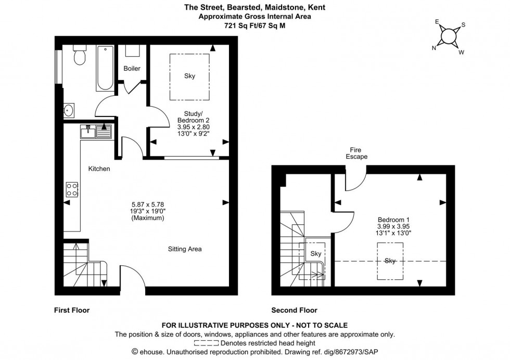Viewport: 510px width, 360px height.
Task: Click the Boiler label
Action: tap(132, 68)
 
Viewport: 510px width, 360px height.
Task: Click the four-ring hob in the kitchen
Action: tap(72, 189)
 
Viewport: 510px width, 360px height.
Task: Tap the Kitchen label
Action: tap(99, 169)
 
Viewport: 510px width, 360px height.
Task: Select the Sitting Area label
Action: tap(184, 249)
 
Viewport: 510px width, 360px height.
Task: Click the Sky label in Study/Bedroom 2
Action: tap(189, 76)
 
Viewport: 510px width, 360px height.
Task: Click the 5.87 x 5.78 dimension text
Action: tap(148, 204)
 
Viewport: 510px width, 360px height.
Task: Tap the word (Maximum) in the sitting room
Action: tap(148, 218)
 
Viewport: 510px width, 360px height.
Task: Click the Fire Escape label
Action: tap(358, 153)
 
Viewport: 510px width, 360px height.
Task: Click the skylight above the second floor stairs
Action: tap(316, 254)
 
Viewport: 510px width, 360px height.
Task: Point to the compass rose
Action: tap(448, 36)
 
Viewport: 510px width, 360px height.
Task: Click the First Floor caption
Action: tap(72, 311)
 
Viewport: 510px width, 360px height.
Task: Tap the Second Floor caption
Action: tap(295, 311)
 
